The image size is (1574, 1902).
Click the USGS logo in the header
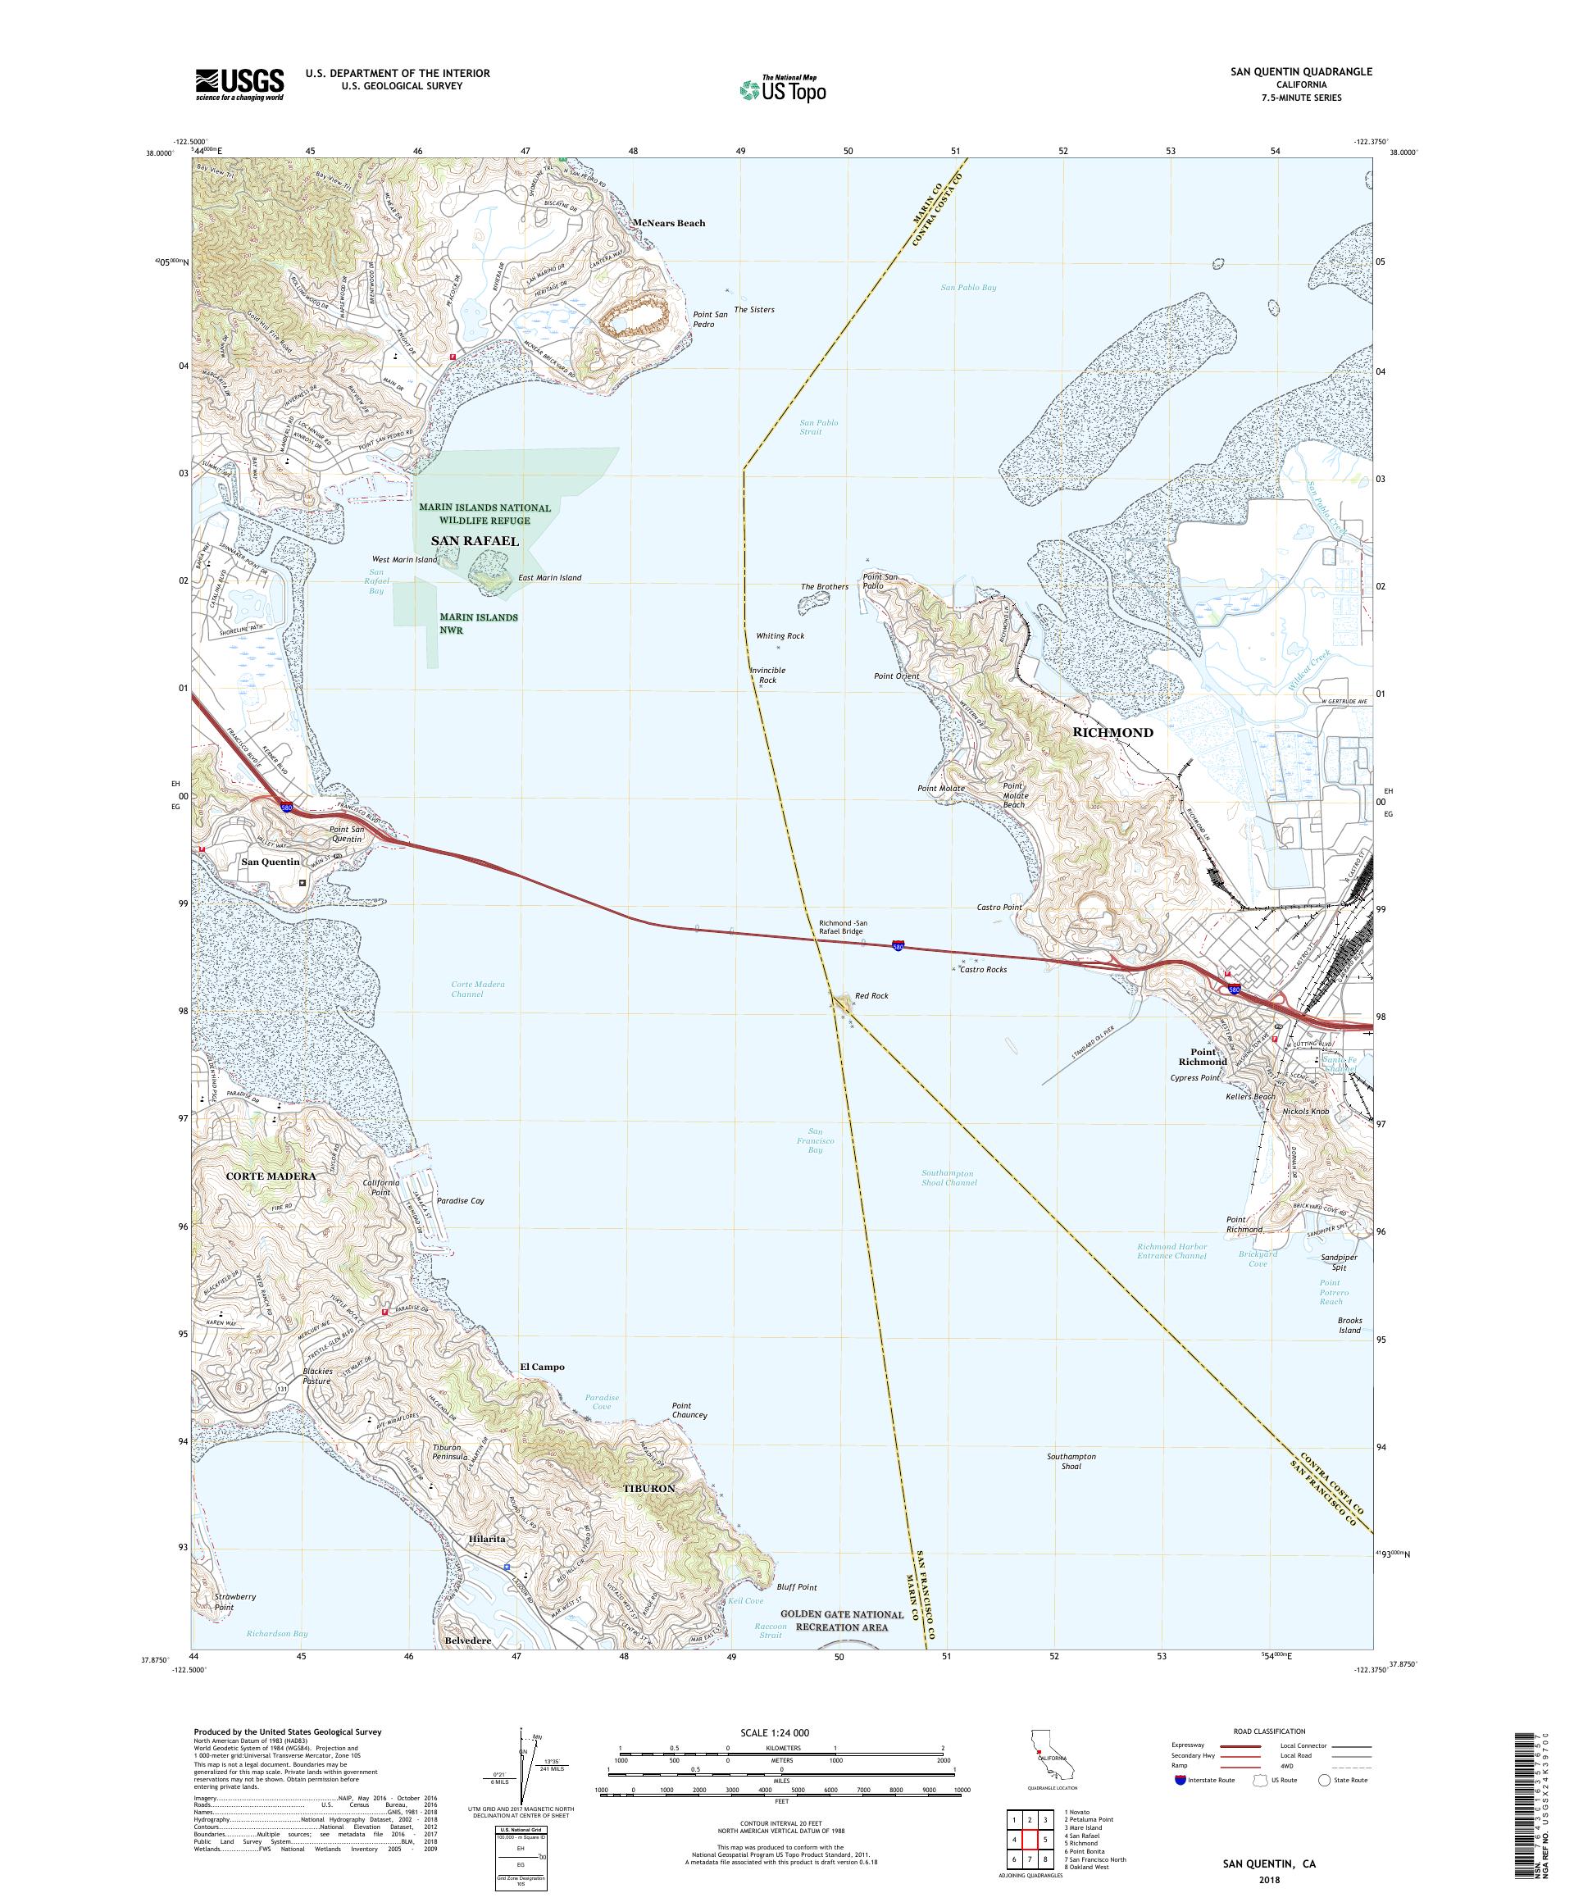[x=240, y=85]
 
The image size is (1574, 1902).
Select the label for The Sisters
[x=753, y=310]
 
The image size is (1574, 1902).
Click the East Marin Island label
[x=550, y=577]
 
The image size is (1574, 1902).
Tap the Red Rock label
[x=871, y=995]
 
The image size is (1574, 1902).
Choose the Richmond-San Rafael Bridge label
[x=840, y=926]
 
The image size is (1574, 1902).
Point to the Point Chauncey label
[x=689, y=1410]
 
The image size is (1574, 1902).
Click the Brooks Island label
[x=1349, y=1325]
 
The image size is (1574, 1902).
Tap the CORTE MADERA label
[x=271, y=1176]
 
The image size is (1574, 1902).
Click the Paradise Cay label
[x=460, y=1201]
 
